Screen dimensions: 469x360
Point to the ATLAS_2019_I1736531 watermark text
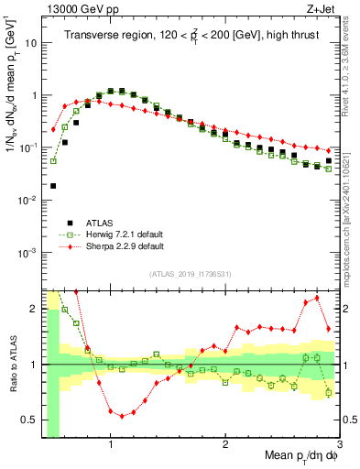tap(190, 274)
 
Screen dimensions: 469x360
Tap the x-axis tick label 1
tap(111, 445)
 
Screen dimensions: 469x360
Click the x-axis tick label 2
tap(225, 445)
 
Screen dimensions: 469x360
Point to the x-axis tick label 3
tap(338, 445)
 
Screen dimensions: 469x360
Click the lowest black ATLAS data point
tap(53, 186)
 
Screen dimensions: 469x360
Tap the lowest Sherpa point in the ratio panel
tap(122, 416)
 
